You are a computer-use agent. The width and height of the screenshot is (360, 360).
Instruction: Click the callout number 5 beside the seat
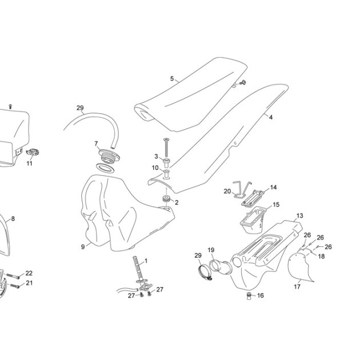click(x=172, y=78)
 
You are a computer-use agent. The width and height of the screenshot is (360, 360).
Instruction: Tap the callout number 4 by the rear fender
click(x=271, y=117)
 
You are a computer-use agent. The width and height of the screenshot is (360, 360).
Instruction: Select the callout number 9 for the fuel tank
click(x=83, y=247)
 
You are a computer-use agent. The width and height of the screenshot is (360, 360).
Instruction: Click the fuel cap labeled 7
click(x=109, y=156)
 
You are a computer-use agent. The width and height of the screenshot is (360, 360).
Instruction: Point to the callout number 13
click(x=299, y=216)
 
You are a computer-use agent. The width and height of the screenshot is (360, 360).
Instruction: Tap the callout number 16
click(x=261, y=295)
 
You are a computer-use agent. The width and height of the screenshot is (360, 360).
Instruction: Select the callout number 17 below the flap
click(x=297, y=286)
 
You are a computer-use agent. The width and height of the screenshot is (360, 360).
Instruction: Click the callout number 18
click(x=321, y=256)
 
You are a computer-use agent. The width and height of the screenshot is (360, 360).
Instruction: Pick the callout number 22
click(x=29, y=273)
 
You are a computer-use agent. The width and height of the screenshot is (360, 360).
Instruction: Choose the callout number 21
click(x=29, y=283)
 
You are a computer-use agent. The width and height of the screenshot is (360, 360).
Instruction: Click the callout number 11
click(x=29, y=163)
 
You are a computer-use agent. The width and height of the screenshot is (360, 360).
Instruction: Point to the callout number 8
click(x=13, y=219)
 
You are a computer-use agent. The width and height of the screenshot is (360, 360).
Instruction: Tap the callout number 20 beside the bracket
click(x=227, y=191)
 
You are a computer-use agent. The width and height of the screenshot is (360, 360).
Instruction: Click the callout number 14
click(x=273, y=187)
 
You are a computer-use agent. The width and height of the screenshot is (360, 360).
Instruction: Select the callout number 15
click(x=276, y=205)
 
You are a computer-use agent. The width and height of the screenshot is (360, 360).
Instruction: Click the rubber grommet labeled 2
click(x=166, y=198)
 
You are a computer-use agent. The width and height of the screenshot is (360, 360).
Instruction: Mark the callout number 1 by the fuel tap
click(x=146, y=261)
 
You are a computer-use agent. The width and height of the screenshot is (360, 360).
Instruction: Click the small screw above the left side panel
click(x=10, y=106)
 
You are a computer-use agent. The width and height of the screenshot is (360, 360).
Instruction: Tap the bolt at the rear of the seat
click(x=243, y=82)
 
